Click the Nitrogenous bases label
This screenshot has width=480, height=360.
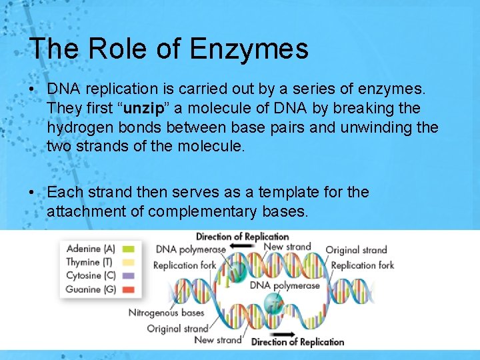[167, 313]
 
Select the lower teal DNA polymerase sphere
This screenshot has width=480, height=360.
[272, 303]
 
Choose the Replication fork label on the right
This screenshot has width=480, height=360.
[362, 265]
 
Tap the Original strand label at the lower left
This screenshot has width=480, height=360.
[177, 328]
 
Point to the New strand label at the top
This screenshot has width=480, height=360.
[287, 247]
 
